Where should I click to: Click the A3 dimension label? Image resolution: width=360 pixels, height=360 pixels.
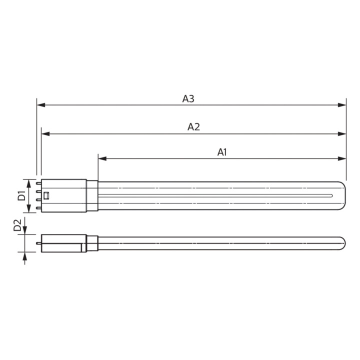(x=188, y=99)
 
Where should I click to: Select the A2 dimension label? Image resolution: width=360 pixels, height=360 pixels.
(x=193, y=127)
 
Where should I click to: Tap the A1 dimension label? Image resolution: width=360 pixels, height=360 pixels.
(x=222, y=152)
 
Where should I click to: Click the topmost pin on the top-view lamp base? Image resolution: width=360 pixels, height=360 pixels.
(x=39, y=184)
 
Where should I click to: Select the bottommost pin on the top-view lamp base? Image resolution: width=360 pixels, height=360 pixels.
(x=39, y=207)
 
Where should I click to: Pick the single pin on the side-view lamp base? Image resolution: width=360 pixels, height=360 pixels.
(x=39, y=243)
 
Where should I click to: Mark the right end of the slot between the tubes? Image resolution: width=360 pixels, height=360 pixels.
(x=331, y=195)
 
